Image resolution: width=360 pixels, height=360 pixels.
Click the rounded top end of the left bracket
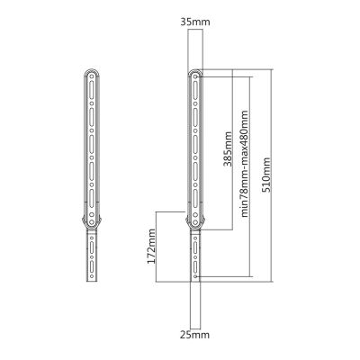[x=92, y=72]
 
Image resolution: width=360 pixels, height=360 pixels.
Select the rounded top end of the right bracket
[x=193, y=72]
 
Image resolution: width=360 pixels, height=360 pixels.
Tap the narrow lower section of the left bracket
[x=92, y=256]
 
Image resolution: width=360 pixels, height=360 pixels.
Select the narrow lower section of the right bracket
[x=193, y=256]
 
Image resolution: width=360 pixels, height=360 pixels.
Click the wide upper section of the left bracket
[x=92, y=144]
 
